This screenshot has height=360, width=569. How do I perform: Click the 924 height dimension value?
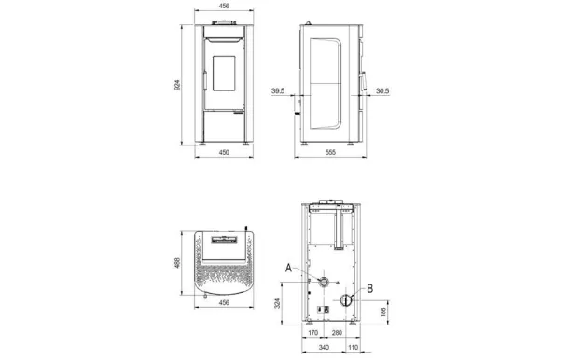(x=177, y=85)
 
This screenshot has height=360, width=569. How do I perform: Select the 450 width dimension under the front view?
(x=224, y=152)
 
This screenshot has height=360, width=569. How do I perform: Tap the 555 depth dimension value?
(x=330, y=152)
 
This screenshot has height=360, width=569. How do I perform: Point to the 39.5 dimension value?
(x=278, y=90)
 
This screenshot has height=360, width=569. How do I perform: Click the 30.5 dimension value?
(x=382, y=90)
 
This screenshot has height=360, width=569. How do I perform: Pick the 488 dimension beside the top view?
(x=177, y=263)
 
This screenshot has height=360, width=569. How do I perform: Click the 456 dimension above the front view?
(x=224, y=6)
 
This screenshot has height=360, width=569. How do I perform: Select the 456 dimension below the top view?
(x=224, y=302)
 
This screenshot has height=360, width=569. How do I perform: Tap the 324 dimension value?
(x=277, y=303)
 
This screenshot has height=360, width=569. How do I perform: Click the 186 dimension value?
(x=383, y=312)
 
